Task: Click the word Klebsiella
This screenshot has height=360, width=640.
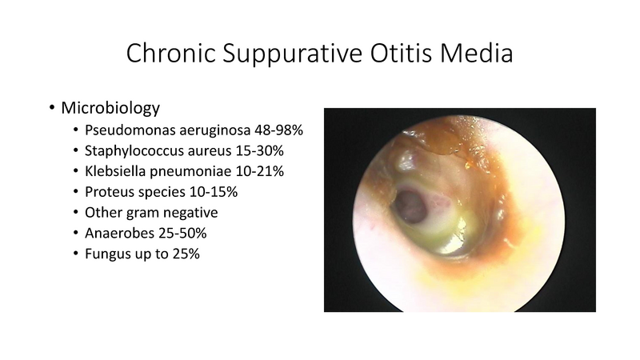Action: tap(117, 171)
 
